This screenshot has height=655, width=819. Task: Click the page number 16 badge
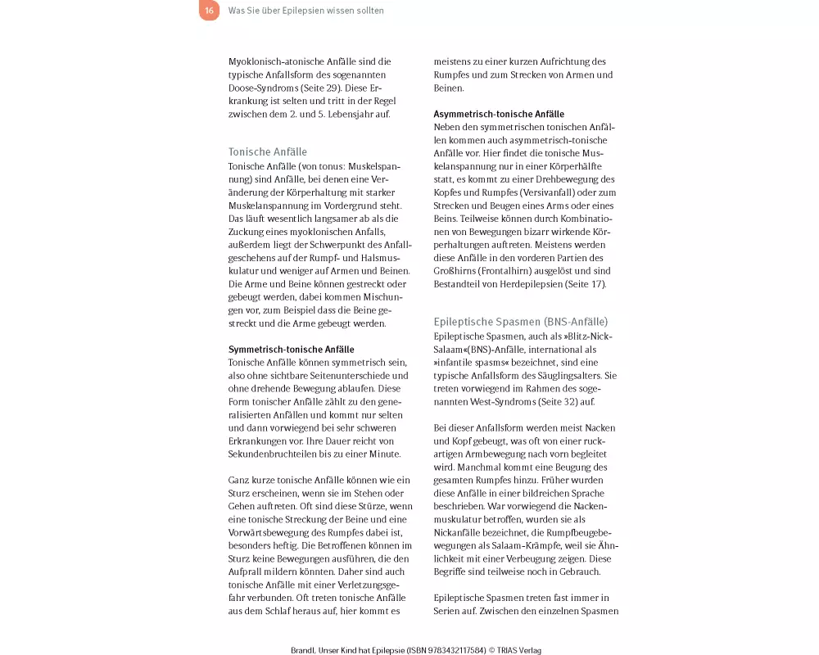click(210, 11)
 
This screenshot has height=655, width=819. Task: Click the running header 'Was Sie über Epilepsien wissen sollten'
click(305, 11)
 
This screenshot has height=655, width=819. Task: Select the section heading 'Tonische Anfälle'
click(268, 151)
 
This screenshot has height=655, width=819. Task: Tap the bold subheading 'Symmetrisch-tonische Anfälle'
click(292, 349)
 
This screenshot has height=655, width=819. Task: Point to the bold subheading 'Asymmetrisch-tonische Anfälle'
click(499, 114)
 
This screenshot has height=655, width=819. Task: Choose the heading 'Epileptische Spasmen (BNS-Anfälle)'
click(521, 322)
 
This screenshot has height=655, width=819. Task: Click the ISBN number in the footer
click(442, 650)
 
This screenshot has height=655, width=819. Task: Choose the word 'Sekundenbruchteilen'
click(269, 454)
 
